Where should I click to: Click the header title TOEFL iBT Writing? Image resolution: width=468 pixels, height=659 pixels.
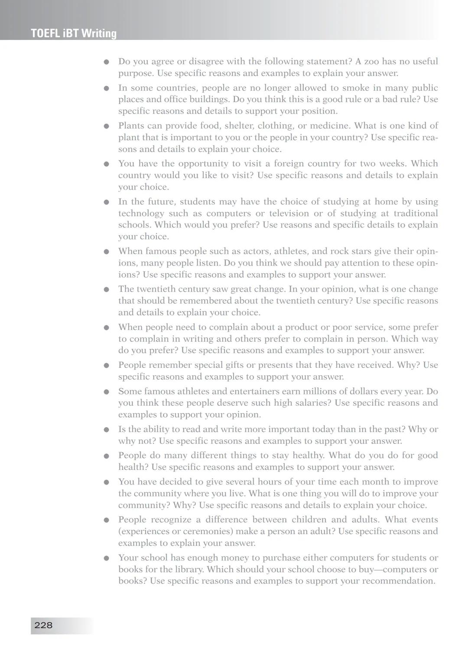coord(74,33)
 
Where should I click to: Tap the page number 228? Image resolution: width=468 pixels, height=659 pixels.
coord(43,625)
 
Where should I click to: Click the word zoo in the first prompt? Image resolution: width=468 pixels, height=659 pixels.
coord(371,62)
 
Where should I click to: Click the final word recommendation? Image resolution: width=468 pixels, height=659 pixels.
coord(398,581)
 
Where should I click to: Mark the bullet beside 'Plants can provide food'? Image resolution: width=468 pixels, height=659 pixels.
coord(106,126)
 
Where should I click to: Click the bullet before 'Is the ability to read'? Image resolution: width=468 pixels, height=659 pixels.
coord(106,430)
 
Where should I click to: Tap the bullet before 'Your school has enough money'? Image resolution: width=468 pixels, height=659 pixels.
coord(106,558)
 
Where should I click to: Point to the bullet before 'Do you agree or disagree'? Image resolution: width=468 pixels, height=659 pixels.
coord(106,62)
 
